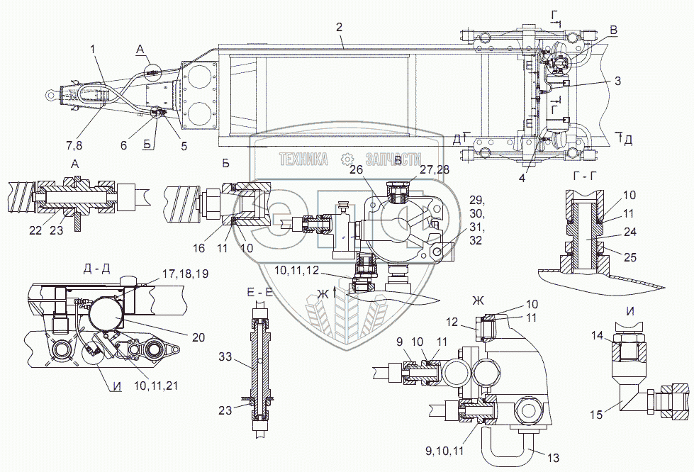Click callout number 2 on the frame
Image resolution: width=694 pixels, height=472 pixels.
340,27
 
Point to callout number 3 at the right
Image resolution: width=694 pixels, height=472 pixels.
618,82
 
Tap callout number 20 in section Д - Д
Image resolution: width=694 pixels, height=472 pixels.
198,337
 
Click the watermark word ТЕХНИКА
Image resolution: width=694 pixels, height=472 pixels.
304,159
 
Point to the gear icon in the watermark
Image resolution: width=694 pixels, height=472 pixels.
347,159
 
